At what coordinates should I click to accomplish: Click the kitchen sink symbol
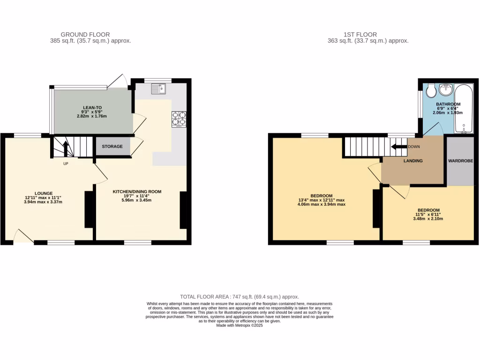click(159, 88)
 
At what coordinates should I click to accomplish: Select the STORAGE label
click(112, 146)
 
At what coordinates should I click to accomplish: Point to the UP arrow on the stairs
click(65, 149)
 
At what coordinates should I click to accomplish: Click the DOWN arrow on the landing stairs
click(399, 146)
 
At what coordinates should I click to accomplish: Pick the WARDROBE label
click(460, 161)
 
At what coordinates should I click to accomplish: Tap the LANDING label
click(413, 161)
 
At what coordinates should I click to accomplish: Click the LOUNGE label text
click(43, 193)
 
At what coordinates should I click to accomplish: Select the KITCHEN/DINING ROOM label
click(137, 192)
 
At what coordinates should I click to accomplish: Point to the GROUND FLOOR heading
click(85, 34)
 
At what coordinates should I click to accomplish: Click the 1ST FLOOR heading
click(360, 34)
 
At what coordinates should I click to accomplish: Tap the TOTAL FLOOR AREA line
click(240, 297)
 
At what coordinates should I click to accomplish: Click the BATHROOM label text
click(448, 104)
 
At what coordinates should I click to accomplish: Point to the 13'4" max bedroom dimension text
click(321, 200)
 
